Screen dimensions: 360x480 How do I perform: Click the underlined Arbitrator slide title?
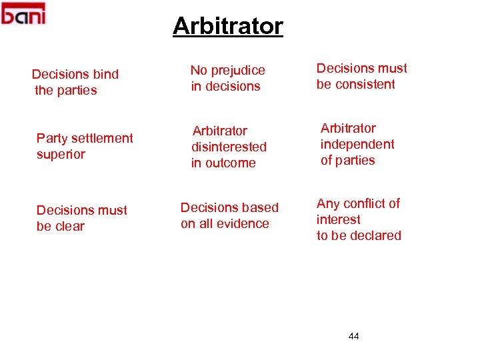coord(228,27)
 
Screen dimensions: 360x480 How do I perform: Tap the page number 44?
coord(353,336)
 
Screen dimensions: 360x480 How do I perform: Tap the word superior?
coord(61,154)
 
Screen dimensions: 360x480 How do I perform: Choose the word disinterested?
coord(229,147)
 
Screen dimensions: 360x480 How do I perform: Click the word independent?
coord(357,144)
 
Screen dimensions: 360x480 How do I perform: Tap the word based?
coord(261,207)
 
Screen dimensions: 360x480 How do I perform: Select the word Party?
coord(51,138)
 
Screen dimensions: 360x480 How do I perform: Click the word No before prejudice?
coord(198,70)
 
